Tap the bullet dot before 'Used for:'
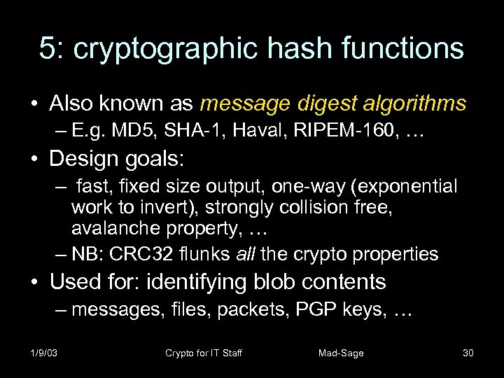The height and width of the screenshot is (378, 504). click(34, 282)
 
